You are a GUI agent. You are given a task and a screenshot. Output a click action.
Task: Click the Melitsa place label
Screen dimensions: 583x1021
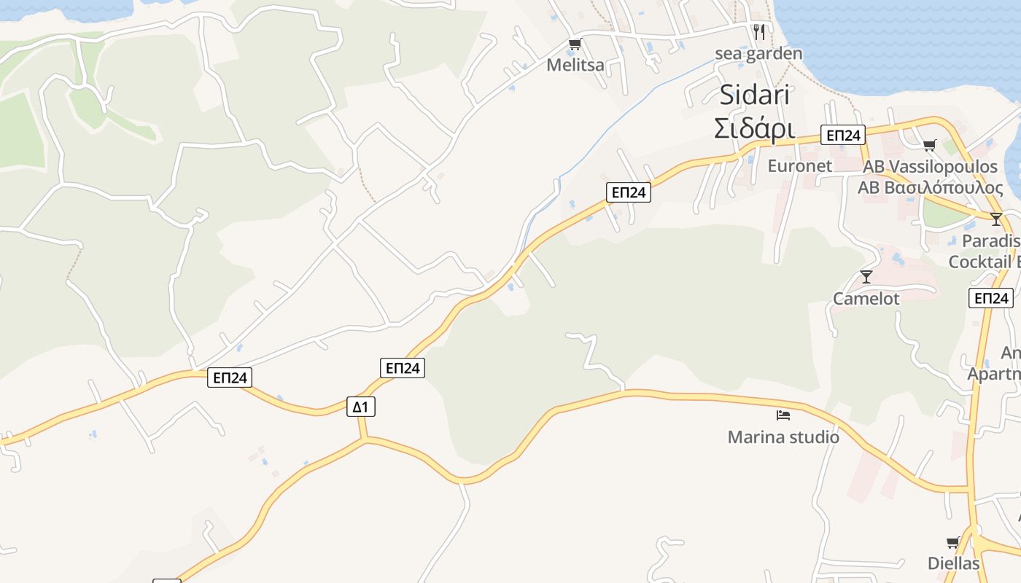pyautogui.click(x=575, y=65)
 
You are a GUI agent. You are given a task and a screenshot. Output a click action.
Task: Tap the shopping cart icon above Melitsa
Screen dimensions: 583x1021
pyautogui.click(x=575, y=44)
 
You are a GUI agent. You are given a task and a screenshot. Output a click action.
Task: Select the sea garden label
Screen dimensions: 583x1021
pyautogui.click(x=758, y=53)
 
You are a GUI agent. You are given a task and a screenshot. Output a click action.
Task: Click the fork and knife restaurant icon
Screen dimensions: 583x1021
pyautogui.click(x=759, y=31)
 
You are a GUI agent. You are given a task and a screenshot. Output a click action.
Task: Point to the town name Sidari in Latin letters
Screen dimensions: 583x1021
pyautogui.click(x=756, y=95)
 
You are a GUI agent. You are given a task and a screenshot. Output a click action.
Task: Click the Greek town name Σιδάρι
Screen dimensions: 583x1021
pyautogui.click(x=754, y=128)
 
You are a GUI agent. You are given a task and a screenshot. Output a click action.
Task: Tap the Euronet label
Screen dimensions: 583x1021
pyautogui.click(x=799, y=165)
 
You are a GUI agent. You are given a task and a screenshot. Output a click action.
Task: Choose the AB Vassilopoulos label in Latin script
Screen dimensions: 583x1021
pyautogui.click(x=930, y=167)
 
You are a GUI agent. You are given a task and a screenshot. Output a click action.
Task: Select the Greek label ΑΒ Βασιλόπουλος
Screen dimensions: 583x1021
pyautogui.click(x=930, y=187)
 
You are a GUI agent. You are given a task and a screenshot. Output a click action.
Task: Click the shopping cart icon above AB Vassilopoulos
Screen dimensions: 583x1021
pyautogui.click(x=929, y=145)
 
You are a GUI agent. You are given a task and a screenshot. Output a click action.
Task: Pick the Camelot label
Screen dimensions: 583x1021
pyautogui.click(x=866, y=298)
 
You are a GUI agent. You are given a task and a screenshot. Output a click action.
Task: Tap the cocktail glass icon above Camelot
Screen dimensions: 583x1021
pyautogui.click(x=866, y=276)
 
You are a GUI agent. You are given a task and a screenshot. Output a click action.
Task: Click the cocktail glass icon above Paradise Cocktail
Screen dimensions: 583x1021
pyautogui.click(x=996, y=219)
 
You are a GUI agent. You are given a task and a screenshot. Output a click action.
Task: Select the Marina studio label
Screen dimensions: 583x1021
pyautogui.click(x=783, y=437)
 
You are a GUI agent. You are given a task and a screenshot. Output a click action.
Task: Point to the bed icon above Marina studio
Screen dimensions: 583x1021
pyautogui.click(x=783, y=415)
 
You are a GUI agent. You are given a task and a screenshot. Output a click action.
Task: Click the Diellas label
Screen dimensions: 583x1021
pyautogui.click(x=953, y=563)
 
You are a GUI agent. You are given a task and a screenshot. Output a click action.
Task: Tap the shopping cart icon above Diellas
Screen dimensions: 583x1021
pyautogui.click(x=952, y=542)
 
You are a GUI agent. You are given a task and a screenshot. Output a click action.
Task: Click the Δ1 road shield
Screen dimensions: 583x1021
pyautogui.click(x=360, y=407)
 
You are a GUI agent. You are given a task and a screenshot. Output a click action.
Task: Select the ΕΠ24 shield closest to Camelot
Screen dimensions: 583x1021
pyautogui.click(x=991, y=298)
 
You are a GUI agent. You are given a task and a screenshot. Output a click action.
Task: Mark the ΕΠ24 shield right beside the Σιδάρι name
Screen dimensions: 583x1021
pyautogui.click(x=842, y=135)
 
